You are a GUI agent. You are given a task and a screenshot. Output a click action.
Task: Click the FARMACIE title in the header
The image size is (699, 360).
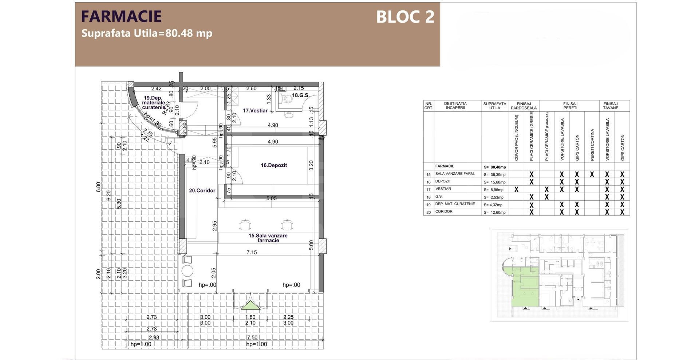pos(121,16)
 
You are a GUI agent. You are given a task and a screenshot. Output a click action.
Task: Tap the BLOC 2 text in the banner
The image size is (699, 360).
pos(405,17)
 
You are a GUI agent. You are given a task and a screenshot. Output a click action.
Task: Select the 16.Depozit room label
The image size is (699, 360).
pos(273,165)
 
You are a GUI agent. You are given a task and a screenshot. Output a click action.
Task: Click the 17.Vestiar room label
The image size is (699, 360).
pos(255,111)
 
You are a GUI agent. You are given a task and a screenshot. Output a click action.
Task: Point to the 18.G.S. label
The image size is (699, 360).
pos(300,95)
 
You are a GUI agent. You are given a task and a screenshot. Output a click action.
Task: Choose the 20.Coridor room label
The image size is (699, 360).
pos(202,190)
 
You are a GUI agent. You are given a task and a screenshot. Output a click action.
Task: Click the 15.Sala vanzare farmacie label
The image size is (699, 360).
pos(268,238)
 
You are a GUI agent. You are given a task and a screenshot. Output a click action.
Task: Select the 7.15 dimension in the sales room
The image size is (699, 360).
pos(252,252)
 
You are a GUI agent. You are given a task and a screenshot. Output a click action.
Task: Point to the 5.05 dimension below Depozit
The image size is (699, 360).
pos(271,198)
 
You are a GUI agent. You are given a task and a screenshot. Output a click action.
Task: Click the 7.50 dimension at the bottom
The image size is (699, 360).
pos(252,337)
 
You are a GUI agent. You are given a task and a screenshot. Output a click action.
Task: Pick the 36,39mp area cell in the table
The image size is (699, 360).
pos(495,175)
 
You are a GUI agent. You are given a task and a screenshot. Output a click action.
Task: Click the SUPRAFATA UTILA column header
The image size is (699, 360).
pos(494,106)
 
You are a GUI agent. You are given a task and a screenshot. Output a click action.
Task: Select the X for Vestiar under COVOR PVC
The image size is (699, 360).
pos(516,189)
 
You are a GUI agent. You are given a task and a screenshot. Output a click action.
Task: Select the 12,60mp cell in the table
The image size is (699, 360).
pos(495,212)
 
